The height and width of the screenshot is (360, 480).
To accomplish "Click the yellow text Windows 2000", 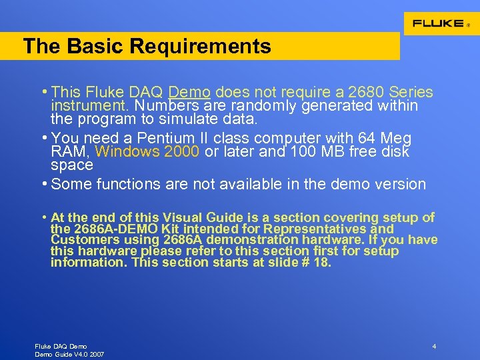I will coord(151,151).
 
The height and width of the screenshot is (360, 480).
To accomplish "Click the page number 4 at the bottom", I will coord(434,347).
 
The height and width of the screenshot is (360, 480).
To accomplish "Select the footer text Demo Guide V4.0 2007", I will coord(69,354).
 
